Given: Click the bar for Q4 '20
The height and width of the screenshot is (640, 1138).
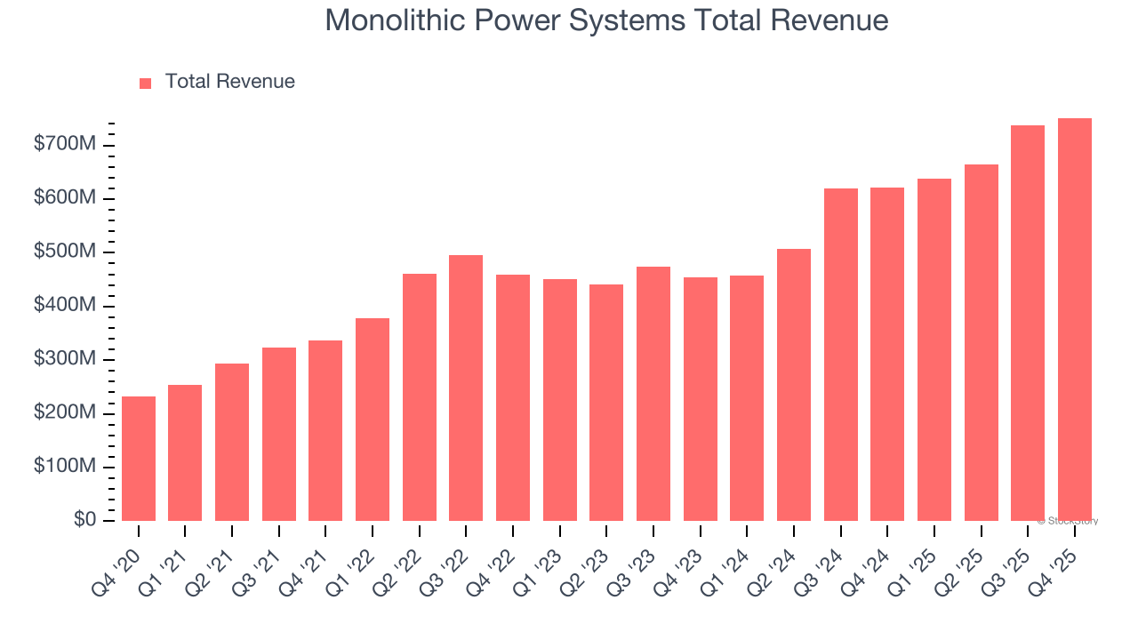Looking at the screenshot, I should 139,458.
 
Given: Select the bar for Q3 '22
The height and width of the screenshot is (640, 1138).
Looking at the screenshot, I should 466,388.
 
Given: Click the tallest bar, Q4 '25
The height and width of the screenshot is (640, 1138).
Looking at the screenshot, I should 1074,319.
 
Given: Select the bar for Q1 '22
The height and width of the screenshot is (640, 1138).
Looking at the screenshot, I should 373,419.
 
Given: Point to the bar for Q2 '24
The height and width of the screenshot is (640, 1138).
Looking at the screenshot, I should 793,384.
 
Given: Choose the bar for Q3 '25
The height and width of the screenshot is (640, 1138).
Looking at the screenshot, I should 1027,323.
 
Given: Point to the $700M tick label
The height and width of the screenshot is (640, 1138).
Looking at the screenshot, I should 65,145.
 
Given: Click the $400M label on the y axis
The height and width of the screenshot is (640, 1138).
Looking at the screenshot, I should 65,306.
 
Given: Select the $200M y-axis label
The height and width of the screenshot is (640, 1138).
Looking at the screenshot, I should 65,413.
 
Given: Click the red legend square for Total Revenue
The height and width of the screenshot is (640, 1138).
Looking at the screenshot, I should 146,83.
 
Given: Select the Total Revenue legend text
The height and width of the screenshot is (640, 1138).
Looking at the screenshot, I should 229,82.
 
